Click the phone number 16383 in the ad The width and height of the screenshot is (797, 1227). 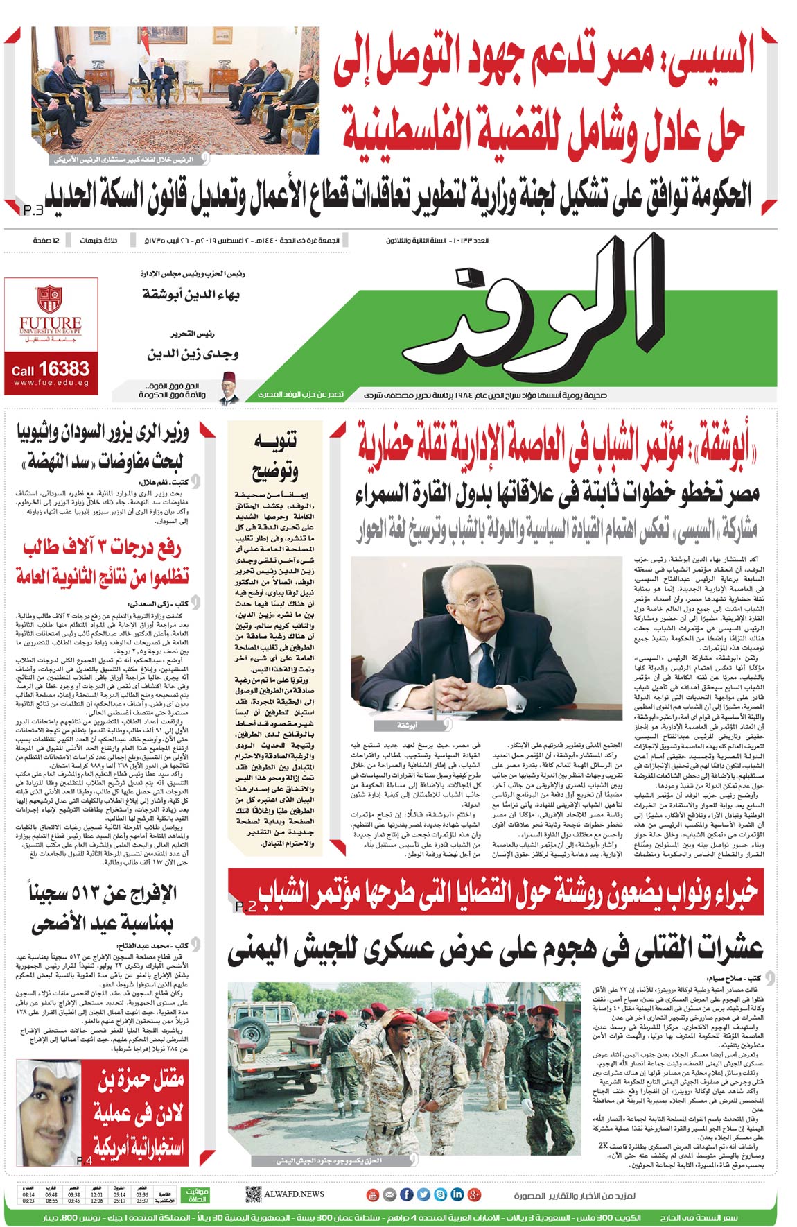point(64,368)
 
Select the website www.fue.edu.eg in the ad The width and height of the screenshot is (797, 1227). point(51,383)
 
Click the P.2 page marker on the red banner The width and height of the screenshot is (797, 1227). point(246,907)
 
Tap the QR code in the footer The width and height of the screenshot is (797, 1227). point(253,1194)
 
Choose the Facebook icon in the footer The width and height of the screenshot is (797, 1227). point(407,1194)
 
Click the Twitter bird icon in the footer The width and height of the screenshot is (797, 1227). point(424,1194)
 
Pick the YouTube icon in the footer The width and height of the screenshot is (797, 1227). point(373,1194)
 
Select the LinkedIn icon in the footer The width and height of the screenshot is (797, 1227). point(457,1194)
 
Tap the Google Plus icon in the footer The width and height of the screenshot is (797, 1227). point(475,1194)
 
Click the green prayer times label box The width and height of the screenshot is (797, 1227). point(195,1194)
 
